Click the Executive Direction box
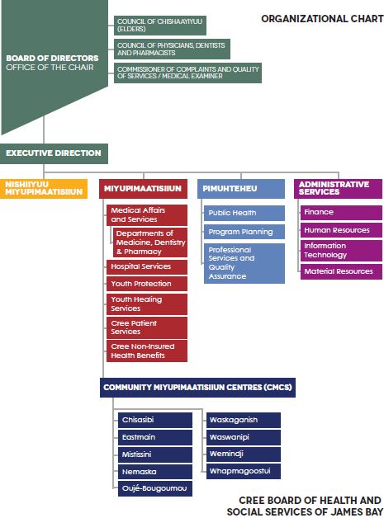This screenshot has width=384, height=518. [x=54, y=153]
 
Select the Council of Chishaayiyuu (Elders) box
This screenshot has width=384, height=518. [x=160, y=26]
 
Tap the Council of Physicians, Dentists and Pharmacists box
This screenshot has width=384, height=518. [x=172, y=49]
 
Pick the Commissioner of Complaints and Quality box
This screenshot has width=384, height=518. [x=187, y=73]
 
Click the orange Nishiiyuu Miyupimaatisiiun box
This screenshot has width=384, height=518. [x=44, y=189]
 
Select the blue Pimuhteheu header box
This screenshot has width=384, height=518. [x=241, y=189]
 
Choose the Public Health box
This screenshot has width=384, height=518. [x=244, y=213]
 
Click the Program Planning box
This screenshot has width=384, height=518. [x=244, y=232]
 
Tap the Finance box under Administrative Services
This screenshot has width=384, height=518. [x=341, y=212]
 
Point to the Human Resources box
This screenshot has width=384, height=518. [x=341, y=230]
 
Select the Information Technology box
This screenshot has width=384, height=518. [x=341, y=251]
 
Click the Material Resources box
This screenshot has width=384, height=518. [x=341, y=271]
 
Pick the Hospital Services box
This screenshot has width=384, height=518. [x=147, y=267]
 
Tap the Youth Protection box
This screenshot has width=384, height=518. [x=147, y=284]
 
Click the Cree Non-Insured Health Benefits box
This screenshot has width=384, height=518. [x=147, y=351]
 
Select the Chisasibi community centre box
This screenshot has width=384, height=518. [x=155, y=420]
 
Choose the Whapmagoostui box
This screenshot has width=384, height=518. [x=244, y=472]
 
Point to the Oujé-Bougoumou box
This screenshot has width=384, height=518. [x=155, y=488]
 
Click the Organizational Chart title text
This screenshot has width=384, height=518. [x=322, y=19]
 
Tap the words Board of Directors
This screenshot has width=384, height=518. [x=52, y=58]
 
